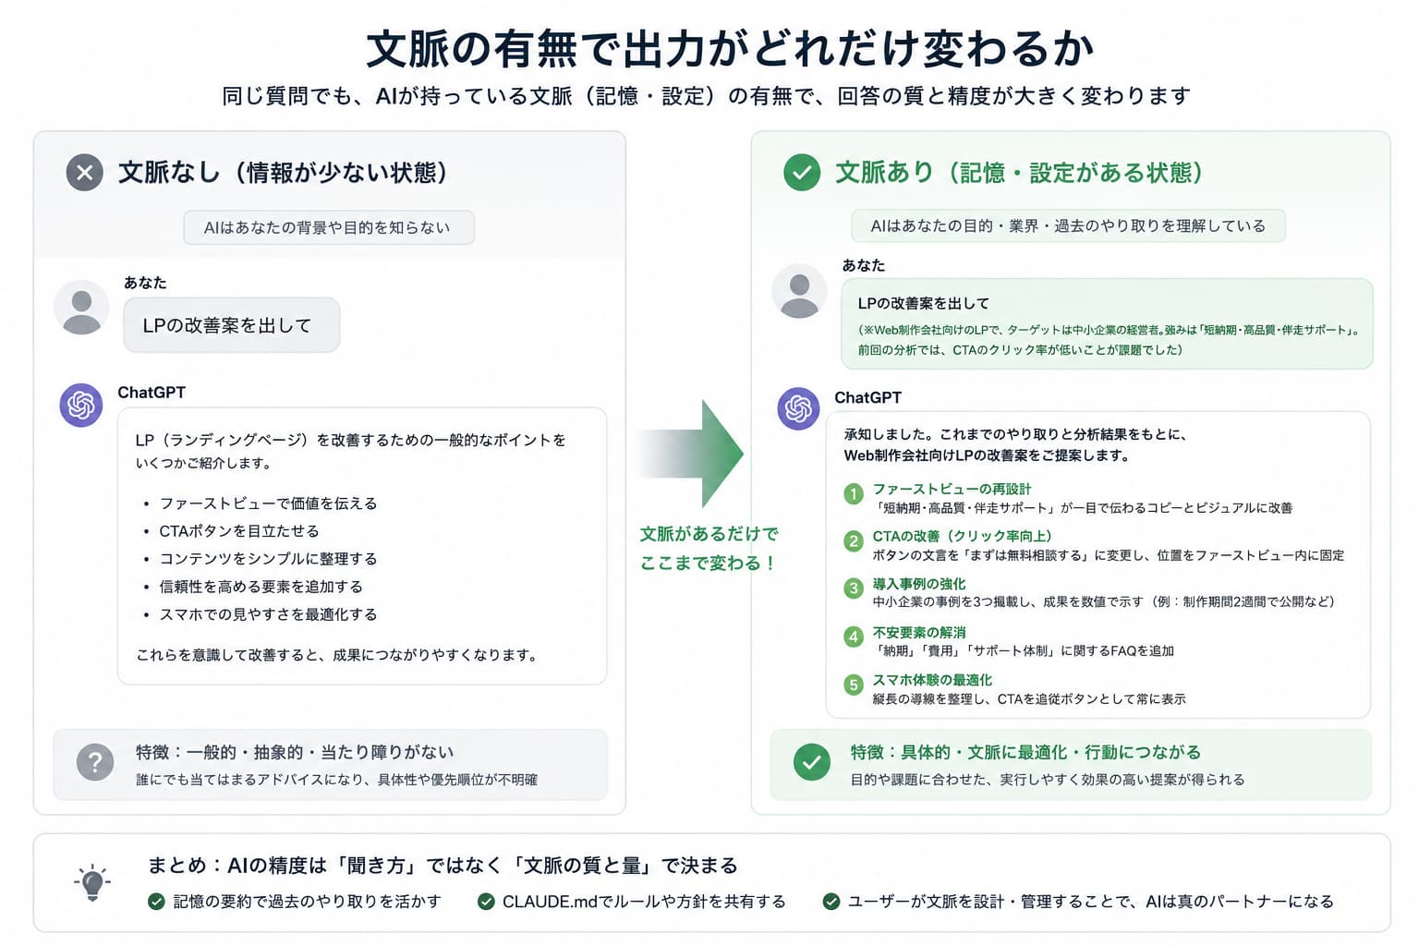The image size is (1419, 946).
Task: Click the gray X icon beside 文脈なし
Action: [x=84, y=173]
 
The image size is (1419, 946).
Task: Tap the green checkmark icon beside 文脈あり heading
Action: [x=801, y=173]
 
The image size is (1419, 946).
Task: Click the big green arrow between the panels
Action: [x=690, y=454]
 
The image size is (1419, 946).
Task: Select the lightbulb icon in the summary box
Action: [x=92, y=882]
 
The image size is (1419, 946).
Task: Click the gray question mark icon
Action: [x=95, y=761]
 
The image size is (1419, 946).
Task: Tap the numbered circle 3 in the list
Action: [x=854, y=588]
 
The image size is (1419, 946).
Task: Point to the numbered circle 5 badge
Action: [x=854, y=685]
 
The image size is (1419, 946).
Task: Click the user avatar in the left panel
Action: [x=81, y=308]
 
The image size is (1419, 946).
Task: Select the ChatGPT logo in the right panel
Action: [x=798, y=408]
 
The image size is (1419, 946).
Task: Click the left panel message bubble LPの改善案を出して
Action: [x=231, y=325]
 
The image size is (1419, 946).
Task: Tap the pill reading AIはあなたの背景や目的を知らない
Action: [x=329, y=227]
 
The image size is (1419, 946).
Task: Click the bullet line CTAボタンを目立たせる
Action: [x=239, y=531]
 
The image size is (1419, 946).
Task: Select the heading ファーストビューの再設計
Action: [x=952, y=489]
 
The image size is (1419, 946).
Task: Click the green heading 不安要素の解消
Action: [x=919, y=632]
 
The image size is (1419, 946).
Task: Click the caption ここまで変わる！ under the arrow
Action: [x=708, y=563]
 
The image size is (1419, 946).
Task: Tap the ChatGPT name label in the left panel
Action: [x=152, y=393]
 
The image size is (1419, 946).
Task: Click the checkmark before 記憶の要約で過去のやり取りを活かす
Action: [x=156, y=902]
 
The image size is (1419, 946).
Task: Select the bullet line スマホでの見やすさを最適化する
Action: [x=268, y=614]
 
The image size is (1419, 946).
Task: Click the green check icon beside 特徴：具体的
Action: [x=811, y=761]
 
